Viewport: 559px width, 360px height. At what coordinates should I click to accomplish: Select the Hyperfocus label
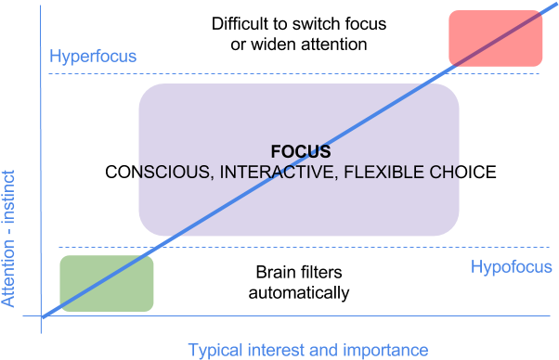93,57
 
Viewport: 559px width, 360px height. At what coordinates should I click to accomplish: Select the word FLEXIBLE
386,172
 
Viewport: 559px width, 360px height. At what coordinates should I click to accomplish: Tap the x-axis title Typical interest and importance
308,350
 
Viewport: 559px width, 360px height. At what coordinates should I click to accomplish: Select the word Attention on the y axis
8,270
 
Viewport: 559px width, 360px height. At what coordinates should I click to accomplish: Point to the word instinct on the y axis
8,196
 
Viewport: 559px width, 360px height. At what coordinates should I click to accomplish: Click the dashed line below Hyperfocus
279,73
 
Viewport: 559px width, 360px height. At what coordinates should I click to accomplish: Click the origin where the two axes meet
42,317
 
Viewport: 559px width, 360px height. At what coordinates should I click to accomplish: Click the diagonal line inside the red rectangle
496,38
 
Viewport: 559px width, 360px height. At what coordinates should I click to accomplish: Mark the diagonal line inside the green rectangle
107,283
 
